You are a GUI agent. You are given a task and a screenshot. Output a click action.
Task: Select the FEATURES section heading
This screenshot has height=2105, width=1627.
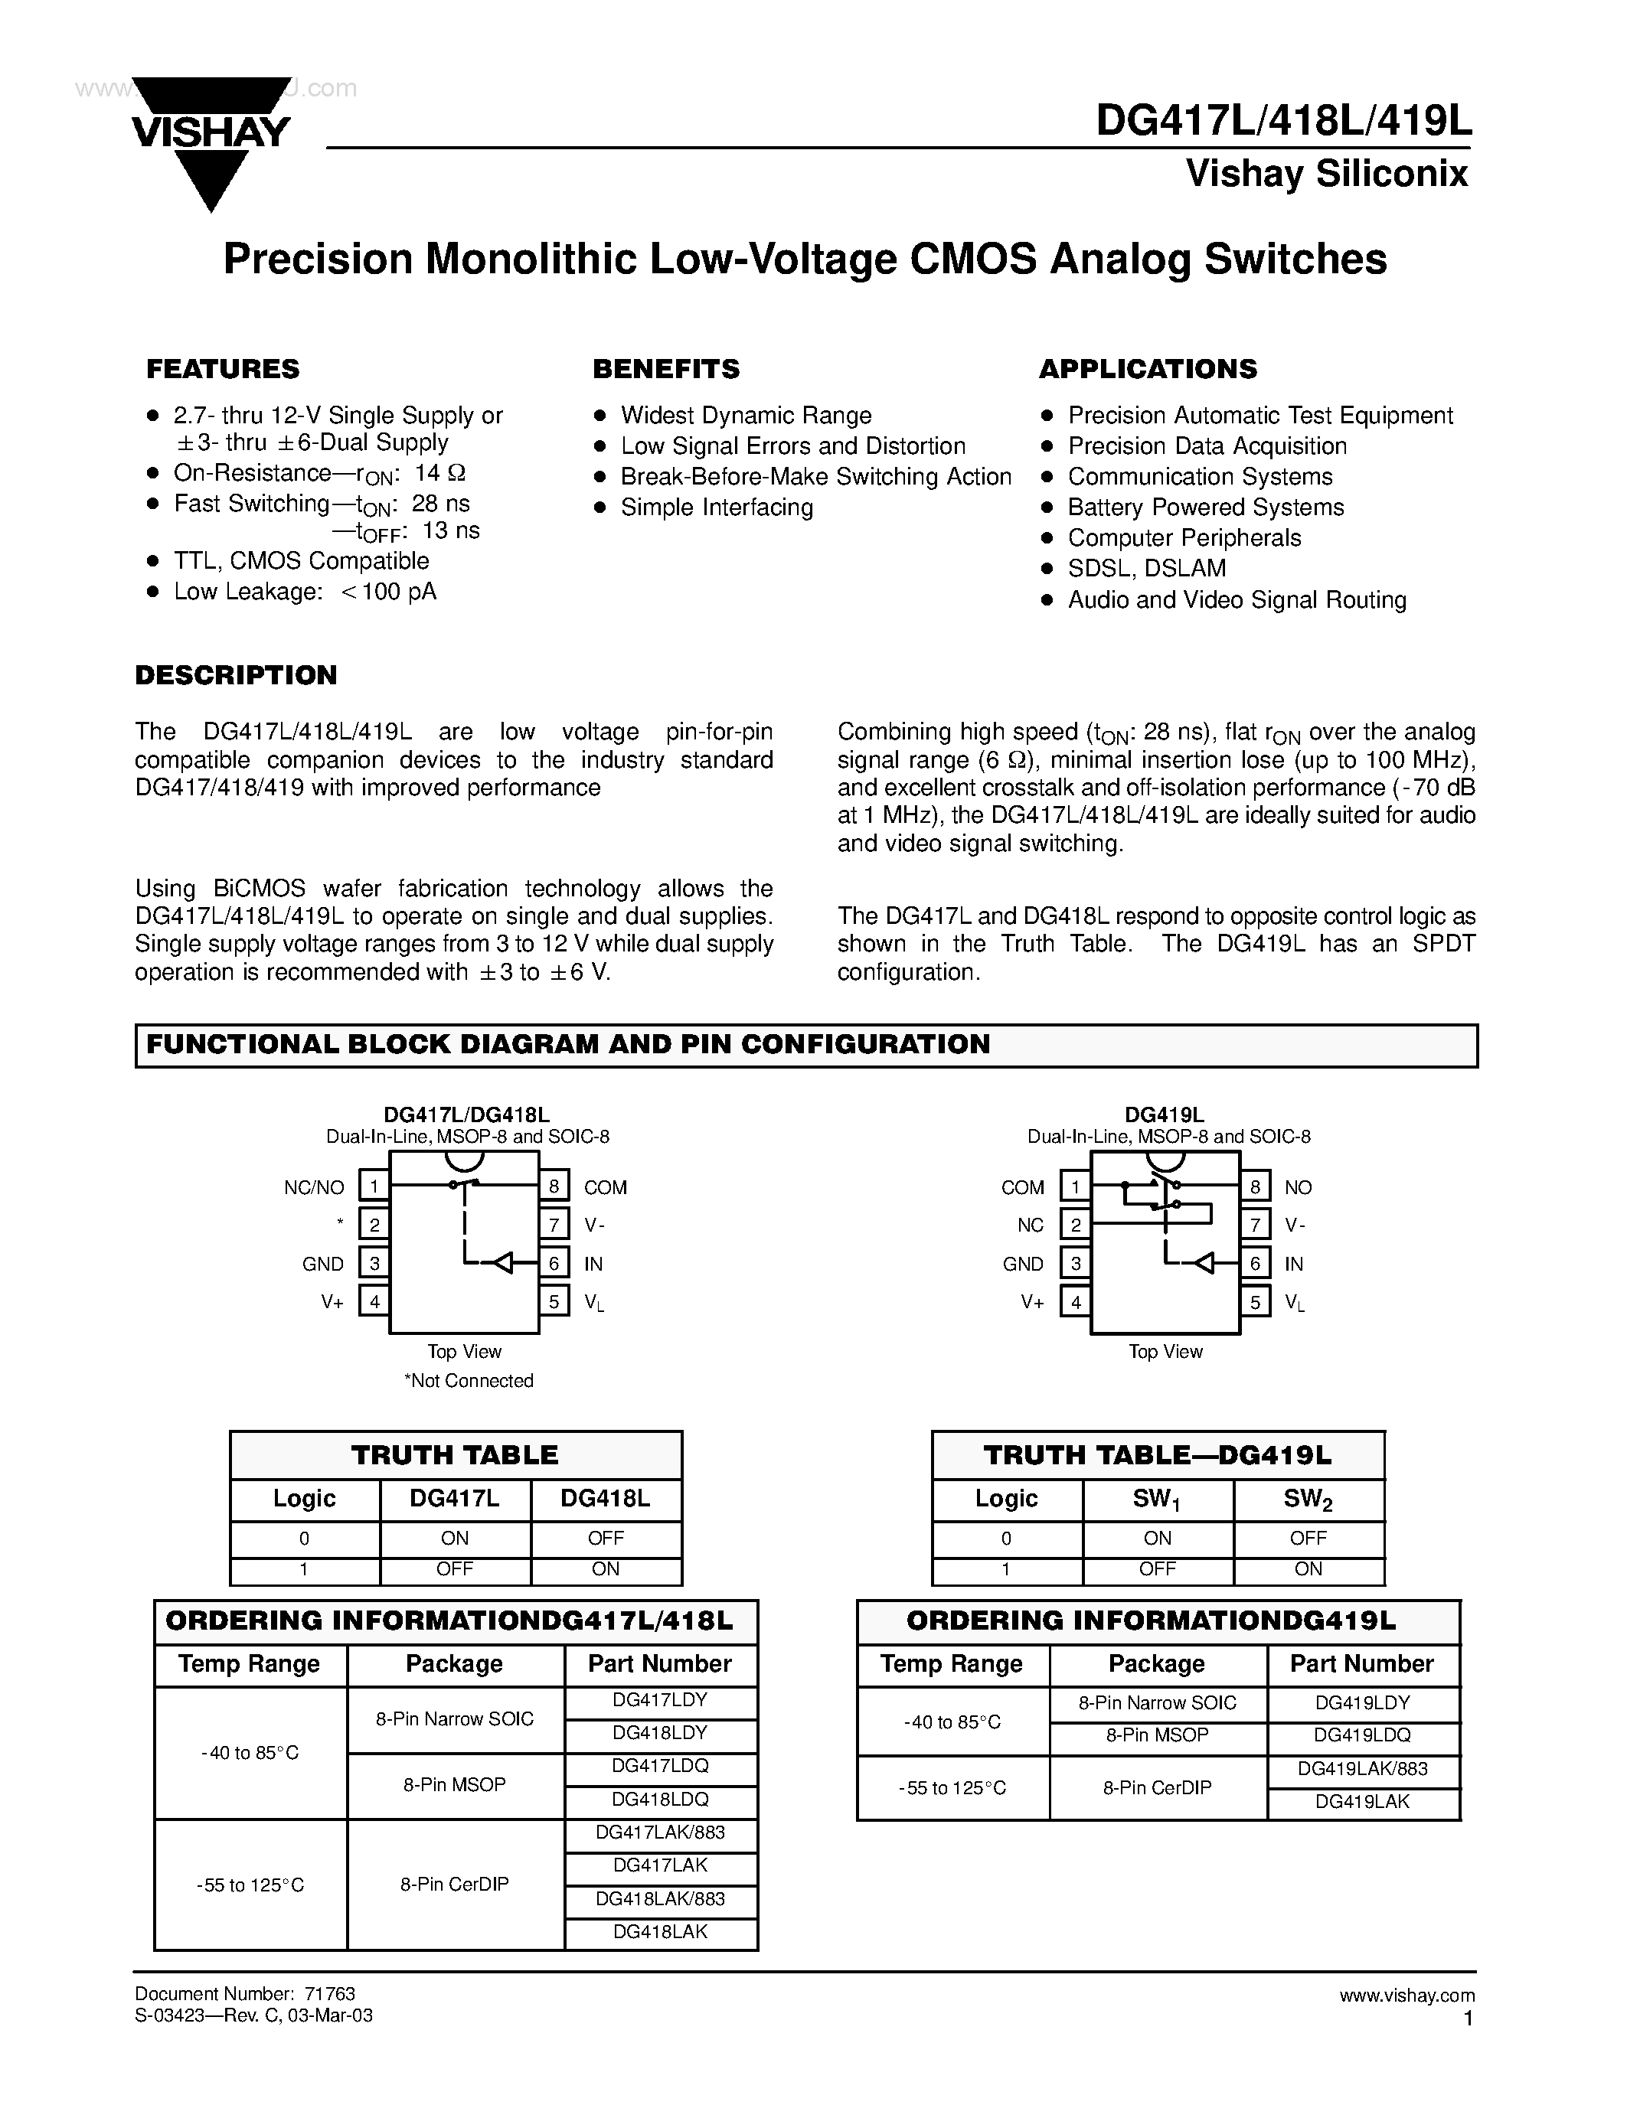[223, 369]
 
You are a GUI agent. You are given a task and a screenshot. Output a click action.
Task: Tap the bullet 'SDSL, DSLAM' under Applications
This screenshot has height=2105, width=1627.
[1146, 569]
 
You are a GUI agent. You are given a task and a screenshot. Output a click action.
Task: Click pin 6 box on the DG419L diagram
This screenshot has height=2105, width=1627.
[1255, 1264]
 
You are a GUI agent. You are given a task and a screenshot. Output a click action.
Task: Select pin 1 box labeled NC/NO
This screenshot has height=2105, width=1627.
[374, 1186]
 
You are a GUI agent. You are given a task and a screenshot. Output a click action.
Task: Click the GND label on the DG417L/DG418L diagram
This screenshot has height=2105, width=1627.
[323, 1264]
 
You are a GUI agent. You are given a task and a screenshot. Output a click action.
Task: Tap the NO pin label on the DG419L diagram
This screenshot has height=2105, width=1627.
[1299, 1187]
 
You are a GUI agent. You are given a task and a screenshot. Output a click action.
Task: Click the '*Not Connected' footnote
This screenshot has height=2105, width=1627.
[469, 1380]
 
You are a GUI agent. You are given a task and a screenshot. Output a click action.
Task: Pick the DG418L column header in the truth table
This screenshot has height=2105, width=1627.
[606, 1499]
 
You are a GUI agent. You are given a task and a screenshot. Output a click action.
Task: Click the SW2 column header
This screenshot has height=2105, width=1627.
[1308, 1499]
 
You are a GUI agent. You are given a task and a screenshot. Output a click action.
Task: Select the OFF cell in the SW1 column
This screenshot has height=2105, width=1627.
[1157, 1569]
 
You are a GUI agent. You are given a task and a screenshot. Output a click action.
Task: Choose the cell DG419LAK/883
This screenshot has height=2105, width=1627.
[1362, 1769]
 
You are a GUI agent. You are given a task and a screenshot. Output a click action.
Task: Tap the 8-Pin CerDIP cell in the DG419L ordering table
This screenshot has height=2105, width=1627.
[1157, 1787]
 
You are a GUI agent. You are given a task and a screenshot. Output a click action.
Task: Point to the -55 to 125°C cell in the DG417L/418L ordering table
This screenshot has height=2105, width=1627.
[250, 1885]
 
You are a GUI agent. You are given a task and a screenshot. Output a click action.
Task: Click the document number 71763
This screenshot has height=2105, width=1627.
[330, 1994]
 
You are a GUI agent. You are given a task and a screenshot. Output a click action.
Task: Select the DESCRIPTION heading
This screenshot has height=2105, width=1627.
[236, 674]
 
